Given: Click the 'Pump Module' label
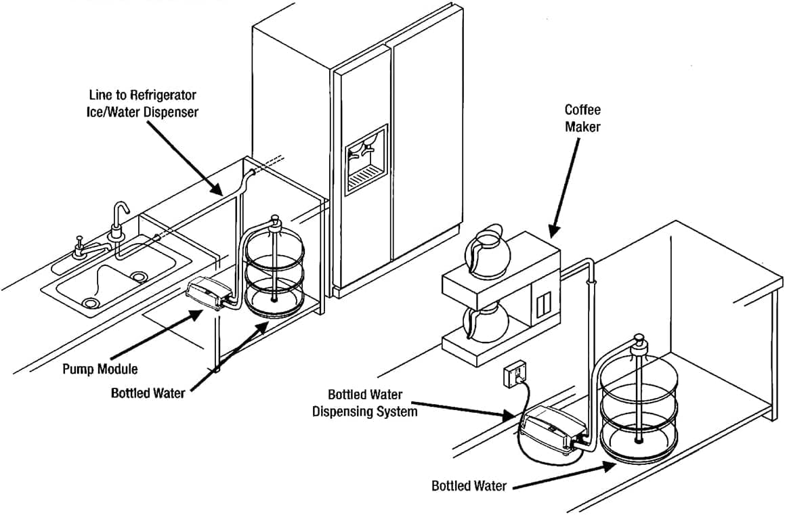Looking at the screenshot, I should (100, 369).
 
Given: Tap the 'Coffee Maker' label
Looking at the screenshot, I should (582, 118).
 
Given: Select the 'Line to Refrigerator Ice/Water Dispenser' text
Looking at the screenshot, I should (146, 104).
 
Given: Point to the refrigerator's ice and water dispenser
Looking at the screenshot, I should (366, 160).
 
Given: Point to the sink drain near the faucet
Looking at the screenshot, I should (140, 276).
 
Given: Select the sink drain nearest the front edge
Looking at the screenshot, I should (89, 303).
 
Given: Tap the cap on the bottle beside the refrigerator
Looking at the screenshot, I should (274, 221).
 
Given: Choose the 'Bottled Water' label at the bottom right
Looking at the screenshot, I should (469, 486).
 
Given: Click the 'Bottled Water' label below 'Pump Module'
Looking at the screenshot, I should (148, 393).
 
